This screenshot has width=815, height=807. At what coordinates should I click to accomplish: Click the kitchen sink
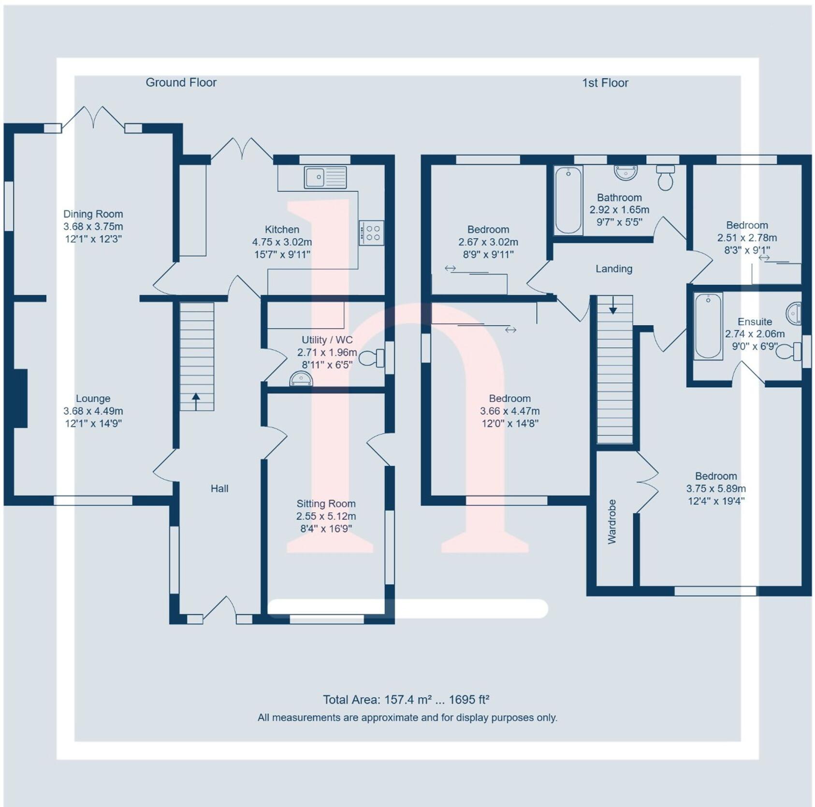[325, 177]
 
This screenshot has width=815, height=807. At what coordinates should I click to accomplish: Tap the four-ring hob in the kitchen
[372, 233]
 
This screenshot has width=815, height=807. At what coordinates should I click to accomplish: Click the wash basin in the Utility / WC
[301, 379]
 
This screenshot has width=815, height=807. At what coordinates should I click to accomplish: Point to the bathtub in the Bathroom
[568, 200]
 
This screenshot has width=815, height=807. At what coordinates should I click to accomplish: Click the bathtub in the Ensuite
[708, 326]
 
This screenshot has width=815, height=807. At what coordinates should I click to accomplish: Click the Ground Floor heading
[181, 83]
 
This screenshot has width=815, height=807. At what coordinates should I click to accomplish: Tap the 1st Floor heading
[605, 83]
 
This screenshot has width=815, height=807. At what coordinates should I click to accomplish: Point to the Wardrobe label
[612, 522]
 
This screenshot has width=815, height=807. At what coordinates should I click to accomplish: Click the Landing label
[614, 269]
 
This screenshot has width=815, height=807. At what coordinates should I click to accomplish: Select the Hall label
[219, 489]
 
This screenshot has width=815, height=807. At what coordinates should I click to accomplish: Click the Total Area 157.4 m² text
[406, 700]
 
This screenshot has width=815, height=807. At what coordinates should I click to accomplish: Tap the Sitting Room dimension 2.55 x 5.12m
[326, 516]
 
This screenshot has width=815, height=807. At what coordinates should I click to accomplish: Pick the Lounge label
[93, 399]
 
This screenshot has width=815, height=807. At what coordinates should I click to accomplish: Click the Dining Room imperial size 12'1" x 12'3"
[93, 239]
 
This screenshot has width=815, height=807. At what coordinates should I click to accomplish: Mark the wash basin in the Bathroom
[626, 172]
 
